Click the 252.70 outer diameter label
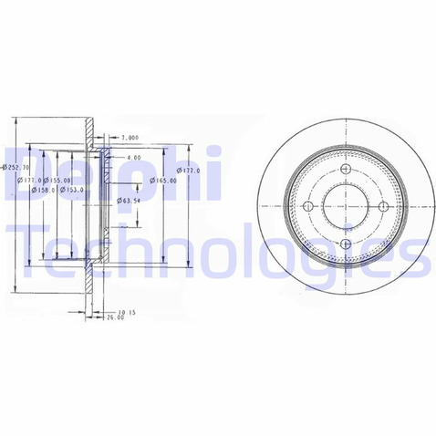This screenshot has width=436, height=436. [x=16, y=167]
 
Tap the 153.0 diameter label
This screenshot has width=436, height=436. [x=74, y=190]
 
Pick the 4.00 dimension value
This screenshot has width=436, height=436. [x=133, y=158]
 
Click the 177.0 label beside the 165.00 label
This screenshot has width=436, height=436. [x=189, y=170]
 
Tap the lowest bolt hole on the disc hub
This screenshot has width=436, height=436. [x=344, y=244]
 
